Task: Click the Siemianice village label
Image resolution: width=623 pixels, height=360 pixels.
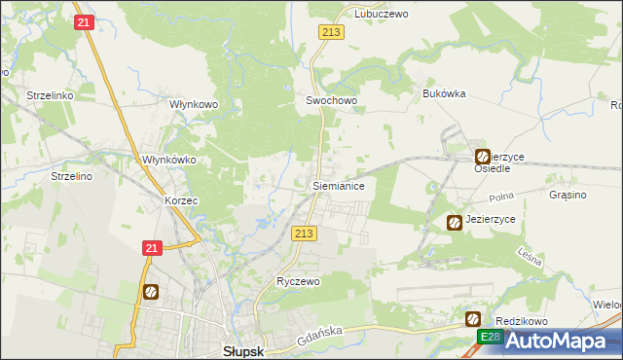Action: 338,184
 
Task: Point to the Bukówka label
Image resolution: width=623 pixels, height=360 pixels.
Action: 444,93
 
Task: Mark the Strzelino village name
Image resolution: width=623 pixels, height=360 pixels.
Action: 70,176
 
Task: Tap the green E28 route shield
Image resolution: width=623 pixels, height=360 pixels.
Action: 491,337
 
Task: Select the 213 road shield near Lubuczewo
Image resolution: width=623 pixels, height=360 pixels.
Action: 329,33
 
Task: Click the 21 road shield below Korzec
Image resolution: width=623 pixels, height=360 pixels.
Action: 151,249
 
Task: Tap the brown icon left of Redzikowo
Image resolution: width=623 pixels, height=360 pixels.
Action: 473,318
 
